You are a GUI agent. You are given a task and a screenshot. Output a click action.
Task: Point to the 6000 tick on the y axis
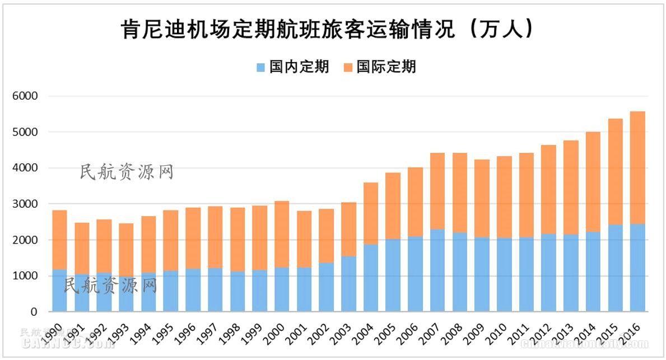point(25,96)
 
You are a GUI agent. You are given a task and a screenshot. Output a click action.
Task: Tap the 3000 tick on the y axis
point(25,204)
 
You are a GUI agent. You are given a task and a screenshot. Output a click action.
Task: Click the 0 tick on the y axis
point(34,312)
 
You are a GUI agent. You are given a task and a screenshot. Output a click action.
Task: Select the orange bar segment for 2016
point(637,167)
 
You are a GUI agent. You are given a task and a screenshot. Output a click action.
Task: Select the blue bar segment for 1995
point(171,291)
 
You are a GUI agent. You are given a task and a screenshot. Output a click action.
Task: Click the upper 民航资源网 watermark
point(127,172)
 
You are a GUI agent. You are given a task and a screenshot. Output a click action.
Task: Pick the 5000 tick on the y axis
point(25,132)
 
